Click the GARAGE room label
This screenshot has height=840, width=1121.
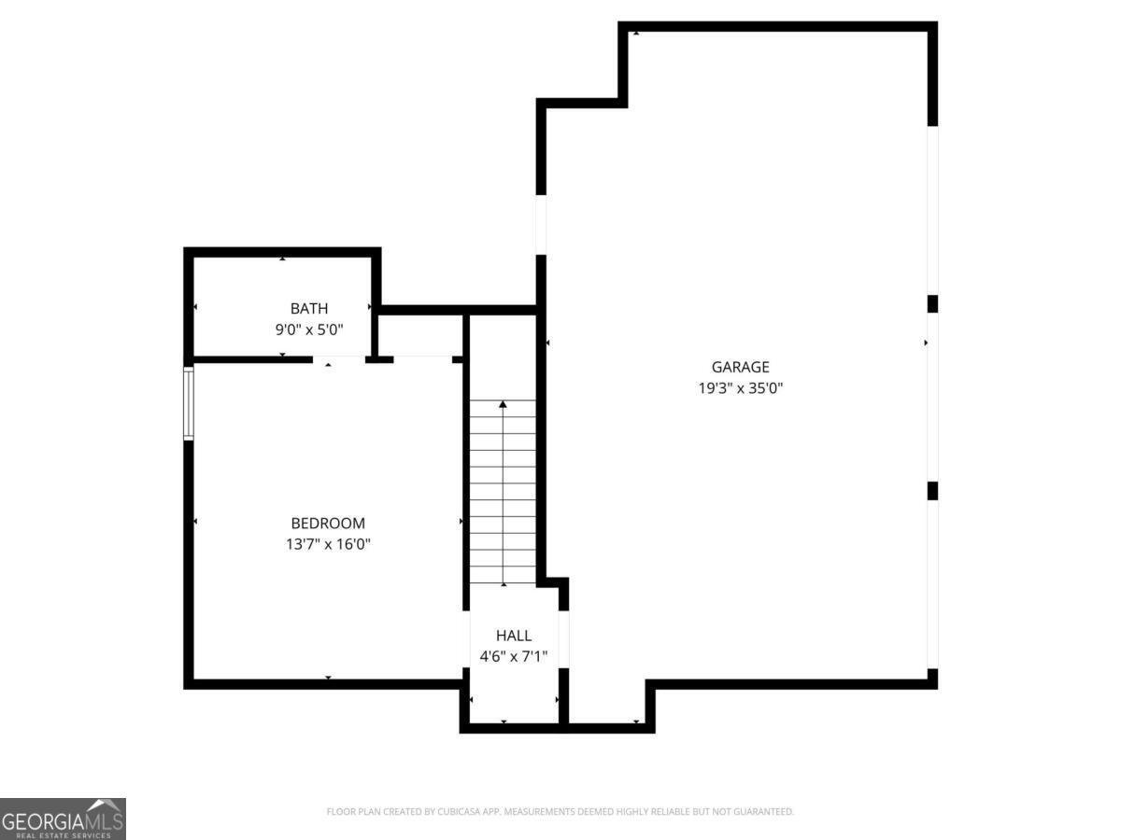pyautogui.click(x=740, y=368)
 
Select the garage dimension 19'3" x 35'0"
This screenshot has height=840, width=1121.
pyautogui.click(x=740, y=388)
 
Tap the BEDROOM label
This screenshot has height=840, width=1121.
pyautogui.click(x=328, y=524)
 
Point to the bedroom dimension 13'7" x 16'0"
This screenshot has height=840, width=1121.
pyautogui.click(x=328, y=544)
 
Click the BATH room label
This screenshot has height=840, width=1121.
pyautogui.click(x=308, y=308)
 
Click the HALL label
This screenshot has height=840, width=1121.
pyautogui.click(x=514, y=636)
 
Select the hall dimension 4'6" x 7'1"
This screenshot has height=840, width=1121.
pyautogui.click(x=514, y=656)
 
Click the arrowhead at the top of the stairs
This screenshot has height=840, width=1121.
pyautogui.click(x=504, y=404)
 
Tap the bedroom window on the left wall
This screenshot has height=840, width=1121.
pyautogui.click(x=189, y=402)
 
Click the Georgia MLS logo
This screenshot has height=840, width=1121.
pyautogui.click(x=63, y=819)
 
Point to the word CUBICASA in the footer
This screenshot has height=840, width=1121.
pyautogui.click(x=458, y=812)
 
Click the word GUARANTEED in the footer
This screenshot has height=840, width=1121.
pyautogui.click(x=760, y=812)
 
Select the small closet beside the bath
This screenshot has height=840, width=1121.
pyautogui.click(x=420, y=334)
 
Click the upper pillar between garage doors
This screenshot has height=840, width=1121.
pyautogui.click(x=931, y=304)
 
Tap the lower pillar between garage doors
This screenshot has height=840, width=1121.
pyautogui.click(x=931, y=491)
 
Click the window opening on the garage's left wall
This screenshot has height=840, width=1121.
pyautogui.click(x=540, y=224)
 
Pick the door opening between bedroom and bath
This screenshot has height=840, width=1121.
pyautogui.click(x=338, y=358)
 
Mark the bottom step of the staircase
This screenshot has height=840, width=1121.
pyautogui.click(x=504, y=575)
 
